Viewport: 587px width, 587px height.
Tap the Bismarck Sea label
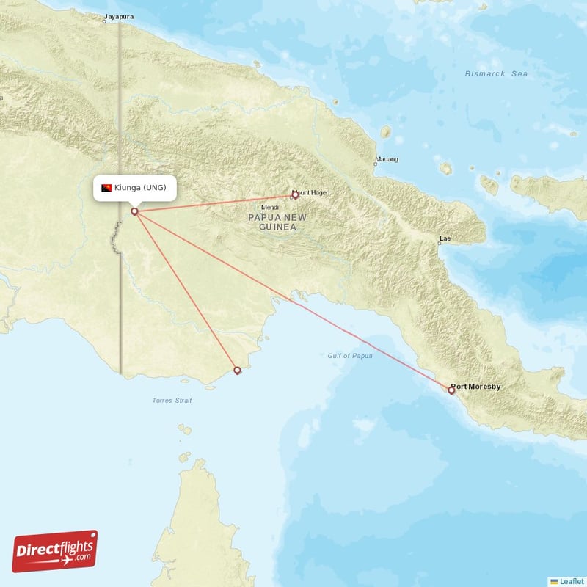(496, 73)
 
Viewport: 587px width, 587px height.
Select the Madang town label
(387, 159)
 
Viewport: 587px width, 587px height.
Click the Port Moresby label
(475, 386)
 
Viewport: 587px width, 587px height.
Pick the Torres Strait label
(172, 401)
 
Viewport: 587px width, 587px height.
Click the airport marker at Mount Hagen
(295, 195)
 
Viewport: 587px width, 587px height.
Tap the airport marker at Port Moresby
(451, 390)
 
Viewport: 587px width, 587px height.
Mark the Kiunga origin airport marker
(134, 212)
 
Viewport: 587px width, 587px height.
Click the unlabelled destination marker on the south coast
(237, 371)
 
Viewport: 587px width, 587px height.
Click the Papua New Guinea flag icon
(106, 188)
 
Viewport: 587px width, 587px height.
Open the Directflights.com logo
(55, 551)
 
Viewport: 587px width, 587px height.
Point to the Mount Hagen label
(312, 192)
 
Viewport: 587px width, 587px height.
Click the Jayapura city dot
(104, 21)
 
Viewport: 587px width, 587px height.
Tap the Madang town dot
(375, 164)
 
